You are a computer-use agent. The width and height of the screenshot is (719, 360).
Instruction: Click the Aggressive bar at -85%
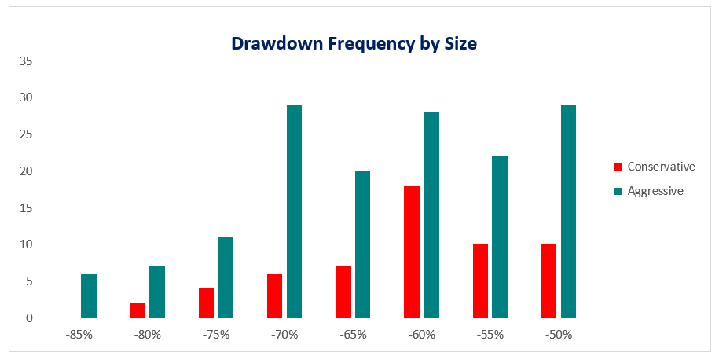click(89, 296)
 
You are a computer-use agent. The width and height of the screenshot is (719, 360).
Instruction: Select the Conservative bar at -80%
click(138, 310)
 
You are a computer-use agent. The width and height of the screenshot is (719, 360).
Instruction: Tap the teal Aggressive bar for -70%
click(294, 212)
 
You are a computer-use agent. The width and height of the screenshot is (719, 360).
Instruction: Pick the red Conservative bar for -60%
click(412, 252)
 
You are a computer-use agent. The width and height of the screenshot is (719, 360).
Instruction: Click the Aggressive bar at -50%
click(568, 212)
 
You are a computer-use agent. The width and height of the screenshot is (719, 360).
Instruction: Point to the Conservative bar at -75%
click(206, 303)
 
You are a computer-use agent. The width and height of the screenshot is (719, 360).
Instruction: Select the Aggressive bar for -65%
click(362, 245)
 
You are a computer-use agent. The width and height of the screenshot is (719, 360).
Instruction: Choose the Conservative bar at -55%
click(480, 281)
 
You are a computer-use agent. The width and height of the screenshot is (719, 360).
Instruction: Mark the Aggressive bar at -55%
click(500, 237)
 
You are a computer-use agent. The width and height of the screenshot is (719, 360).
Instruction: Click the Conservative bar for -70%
click(274, 296)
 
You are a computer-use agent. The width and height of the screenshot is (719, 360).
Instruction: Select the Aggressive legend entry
click(654, 191)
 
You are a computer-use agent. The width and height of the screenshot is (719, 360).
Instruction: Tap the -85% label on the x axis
click(79, 335)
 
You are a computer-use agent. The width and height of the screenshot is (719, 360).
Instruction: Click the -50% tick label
click(558, 335)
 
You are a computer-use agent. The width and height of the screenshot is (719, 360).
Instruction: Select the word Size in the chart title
click(460, 43)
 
